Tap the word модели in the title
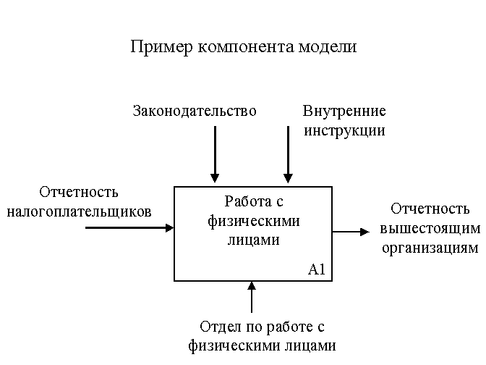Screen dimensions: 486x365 [x=328, y=47]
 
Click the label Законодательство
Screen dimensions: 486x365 [x=195, y=111]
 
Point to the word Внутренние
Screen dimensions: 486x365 [x=344, y=111]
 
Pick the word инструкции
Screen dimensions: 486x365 [x=344, y=130]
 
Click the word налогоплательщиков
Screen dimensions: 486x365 [x=79, y=212]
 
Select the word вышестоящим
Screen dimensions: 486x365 [x=430, y=229]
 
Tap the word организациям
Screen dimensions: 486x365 [x=430, y=248]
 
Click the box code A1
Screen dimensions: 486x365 [x=317, y=269]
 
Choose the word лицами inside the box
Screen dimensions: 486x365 [x=254, y=240]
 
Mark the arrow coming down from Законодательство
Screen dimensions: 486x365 [x=215, y=154]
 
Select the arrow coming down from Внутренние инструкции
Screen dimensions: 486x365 [x=288, y=154]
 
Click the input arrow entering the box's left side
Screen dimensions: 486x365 [x=129, y=228]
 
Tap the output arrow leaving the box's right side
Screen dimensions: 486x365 [x=351, y=232]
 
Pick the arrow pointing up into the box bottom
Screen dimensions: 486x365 [x=252, y=297]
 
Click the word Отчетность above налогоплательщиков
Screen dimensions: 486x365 [x=79, y=192]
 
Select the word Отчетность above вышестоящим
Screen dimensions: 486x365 [x=430, y=209]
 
